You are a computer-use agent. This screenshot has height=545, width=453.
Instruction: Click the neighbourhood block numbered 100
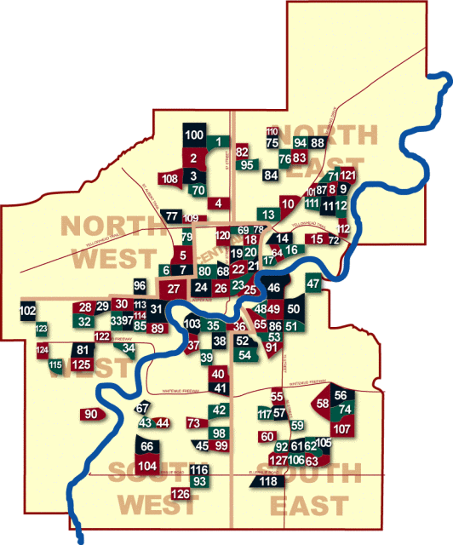tap(194, 135)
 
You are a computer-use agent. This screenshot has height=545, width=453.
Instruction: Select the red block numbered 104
tap(147, 466)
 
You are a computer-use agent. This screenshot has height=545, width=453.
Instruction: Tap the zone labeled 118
tap(268, 482)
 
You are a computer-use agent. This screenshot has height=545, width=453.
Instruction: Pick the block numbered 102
tap(27, 311)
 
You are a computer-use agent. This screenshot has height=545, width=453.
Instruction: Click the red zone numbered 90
tap(92, 415)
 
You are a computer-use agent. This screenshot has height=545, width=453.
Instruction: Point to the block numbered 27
tap(173, 290)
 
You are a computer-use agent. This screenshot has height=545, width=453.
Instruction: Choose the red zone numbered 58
tap(323, 403)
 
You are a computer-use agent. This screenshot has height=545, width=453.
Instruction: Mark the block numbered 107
tap(341, 428)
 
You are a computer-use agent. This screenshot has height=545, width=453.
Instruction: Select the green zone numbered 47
tap(313, 284)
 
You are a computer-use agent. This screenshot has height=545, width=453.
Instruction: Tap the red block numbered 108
tap(169, 178)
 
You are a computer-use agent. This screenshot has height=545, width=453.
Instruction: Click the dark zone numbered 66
tap(146, 446)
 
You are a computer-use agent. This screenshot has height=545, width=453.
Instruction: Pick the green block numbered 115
tap(55, 365)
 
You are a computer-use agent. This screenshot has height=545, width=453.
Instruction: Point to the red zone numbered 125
tap(82, 364)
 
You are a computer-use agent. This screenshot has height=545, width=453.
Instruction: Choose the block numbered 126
tap(181, 495)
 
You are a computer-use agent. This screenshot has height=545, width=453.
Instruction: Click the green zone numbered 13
tap(267, 214)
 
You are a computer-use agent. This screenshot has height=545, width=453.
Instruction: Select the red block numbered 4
tap(219, 203)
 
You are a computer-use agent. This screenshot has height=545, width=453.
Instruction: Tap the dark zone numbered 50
tap(295, 309)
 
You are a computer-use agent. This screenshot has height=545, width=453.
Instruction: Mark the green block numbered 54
tap(244, 353)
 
